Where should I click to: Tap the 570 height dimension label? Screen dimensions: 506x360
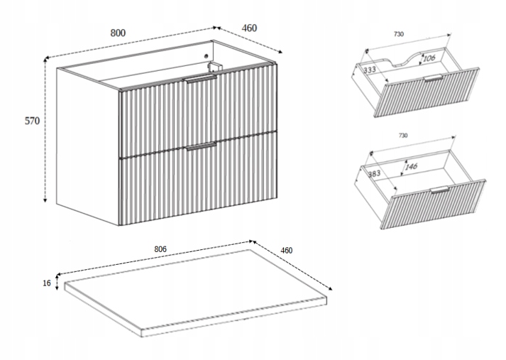32,121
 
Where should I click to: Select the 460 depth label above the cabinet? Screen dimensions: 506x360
249,28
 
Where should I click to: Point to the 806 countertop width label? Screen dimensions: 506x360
160,249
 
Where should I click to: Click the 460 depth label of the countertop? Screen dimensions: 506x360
286,251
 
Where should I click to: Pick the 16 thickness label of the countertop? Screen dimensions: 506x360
47,283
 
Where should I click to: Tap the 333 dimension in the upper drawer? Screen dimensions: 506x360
370,70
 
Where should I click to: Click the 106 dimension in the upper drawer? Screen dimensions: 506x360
428,58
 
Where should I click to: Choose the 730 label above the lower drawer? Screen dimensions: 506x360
402,135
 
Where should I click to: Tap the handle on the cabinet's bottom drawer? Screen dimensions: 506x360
201,146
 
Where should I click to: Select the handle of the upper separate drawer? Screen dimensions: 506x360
432,78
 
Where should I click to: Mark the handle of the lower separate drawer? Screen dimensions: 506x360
439,190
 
